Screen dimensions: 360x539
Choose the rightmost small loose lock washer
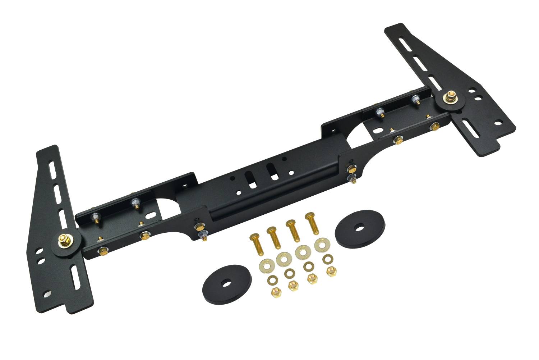tap(327, 259)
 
